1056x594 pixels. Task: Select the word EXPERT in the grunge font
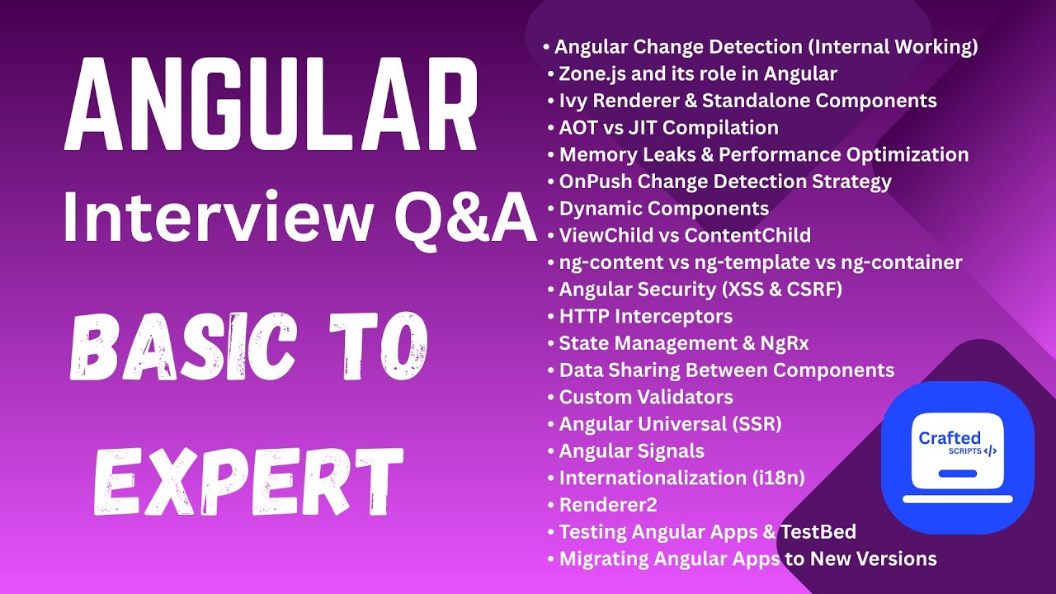[247, 481]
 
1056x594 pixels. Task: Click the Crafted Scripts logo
[957, 445]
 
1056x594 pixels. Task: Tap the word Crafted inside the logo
[950, 438]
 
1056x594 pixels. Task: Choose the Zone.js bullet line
[698, 74]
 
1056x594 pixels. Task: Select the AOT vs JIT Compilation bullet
[668, 128]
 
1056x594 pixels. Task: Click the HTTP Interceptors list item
[645, 316]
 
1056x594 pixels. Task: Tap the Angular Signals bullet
[631, 451]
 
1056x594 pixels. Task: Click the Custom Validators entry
[646, 397]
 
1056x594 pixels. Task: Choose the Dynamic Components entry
[664, 209]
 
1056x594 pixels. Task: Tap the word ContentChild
[747, 236]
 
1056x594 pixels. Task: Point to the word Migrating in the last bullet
[604, 559]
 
